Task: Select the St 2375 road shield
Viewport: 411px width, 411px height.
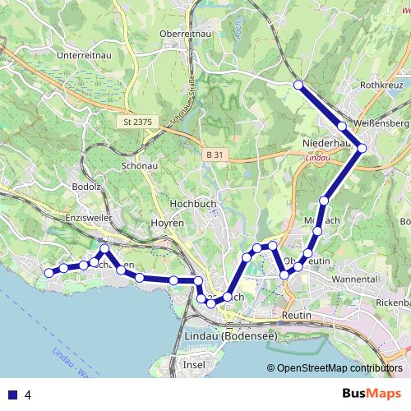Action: point(137,122)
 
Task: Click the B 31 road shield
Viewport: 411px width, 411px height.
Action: point(215,155)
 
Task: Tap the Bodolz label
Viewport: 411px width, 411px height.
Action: point(86,187)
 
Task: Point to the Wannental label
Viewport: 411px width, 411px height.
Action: point(354,279)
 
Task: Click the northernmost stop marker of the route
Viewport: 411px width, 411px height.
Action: point(298,85)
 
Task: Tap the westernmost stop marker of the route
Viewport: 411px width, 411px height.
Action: point(48,272)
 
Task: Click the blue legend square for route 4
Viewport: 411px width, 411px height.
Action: point(12,395)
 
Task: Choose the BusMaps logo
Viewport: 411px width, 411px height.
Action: point(371,394)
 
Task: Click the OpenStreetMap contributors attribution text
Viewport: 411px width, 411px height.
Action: point(339,367)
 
